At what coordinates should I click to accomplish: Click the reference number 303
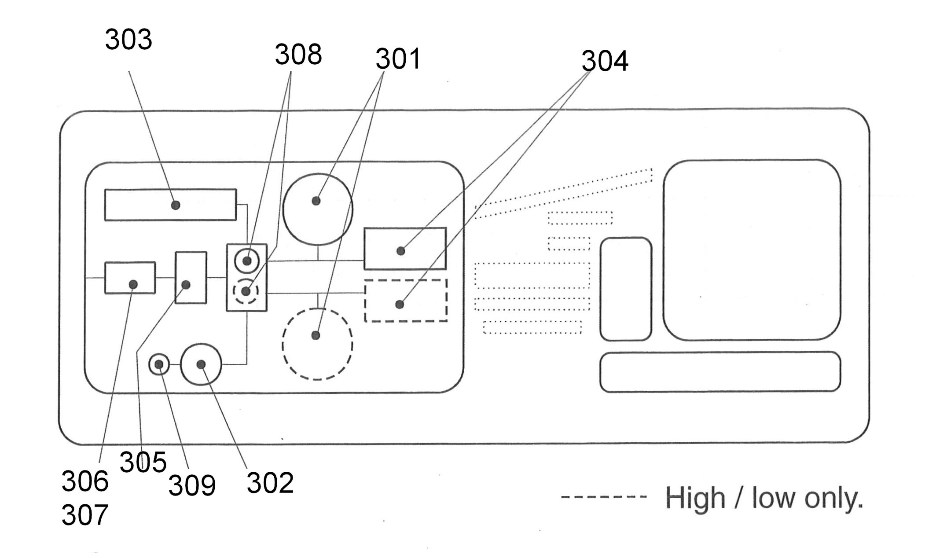tap(128, 40)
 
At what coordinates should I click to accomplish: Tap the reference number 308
tap(298, 55)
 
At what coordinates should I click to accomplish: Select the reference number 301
tap(398, 59)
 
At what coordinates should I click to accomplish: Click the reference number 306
tap(85, 481)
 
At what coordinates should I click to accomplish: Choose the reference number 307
tap(85, 515)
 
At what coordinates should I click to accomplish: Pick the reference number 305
tap(143, 462)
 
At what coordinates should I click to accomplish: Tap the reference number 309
tap(192, 486)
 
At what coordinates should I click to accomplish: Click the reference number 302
tap(270, 483)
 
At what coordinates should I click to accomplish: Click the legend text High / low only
tap(764, 498)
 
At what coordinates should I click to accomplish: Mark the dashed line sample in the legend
tap(604, 497)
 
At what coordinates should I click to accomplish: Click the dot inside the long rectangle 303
tap(176, 205)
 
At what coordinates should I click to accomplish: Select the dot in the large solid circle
tap(316, 201)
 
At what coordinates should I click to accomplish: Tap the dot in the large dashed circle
tap(316, 336)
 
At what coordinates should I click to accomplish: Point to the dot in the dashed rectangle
tap(400, 304)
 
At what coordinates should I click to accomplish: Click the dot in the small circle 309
tap(159, 364)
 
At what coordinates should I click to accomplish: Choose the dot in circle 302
tap(201, 364)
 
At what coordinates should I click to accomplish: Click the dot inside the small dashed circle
tap(246, 291)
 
